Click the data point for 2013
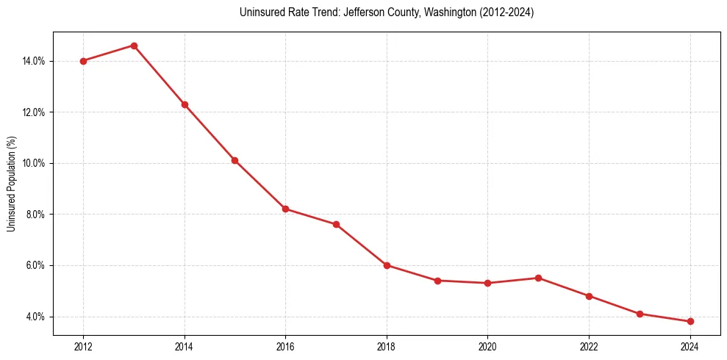pos(134,46)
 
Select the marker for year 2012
pos(83,61)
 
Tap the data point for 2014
pos(185,104)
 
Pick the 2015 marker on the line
pos(234,160)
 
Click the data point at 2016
pos(285,209)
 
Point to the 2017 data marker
pos(336,224)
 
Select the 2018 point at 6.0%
pos(387,265)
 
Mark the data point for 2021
pos(538,278)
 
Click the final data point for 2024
pos(690,321)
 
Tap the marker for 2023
pos(640,314)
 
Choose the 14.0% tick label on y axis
pos(34,61)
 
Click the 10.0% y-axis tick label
pos(34,163)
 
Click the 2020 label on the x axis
pos(487,346)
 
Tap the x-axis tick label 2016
pos(285,346)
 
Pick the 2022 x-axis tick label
pos(589,346)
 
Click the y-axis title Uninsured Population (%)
pos(11,184)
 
